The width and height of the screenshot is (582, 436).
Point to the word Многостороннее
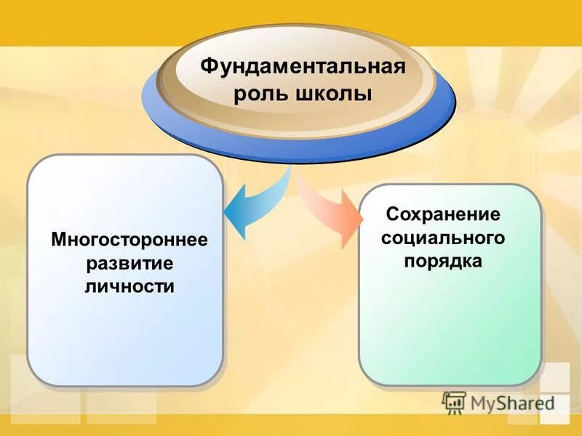(x=129, y=239)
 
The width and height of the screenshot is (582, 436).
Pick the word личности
(x=129, y=286)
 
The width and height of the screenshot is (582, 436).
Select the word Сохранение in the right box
(x=443, y=214)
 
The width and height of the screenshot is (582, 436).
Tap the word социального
(x=443, y=238)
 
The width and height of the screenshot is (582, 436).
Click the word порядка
(x=443, y=261)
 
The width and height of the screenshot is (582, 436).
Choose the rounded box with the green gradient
(x=450, y=327)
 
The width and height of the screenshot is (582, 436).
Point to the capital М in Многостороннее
(x=58, y=239)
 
